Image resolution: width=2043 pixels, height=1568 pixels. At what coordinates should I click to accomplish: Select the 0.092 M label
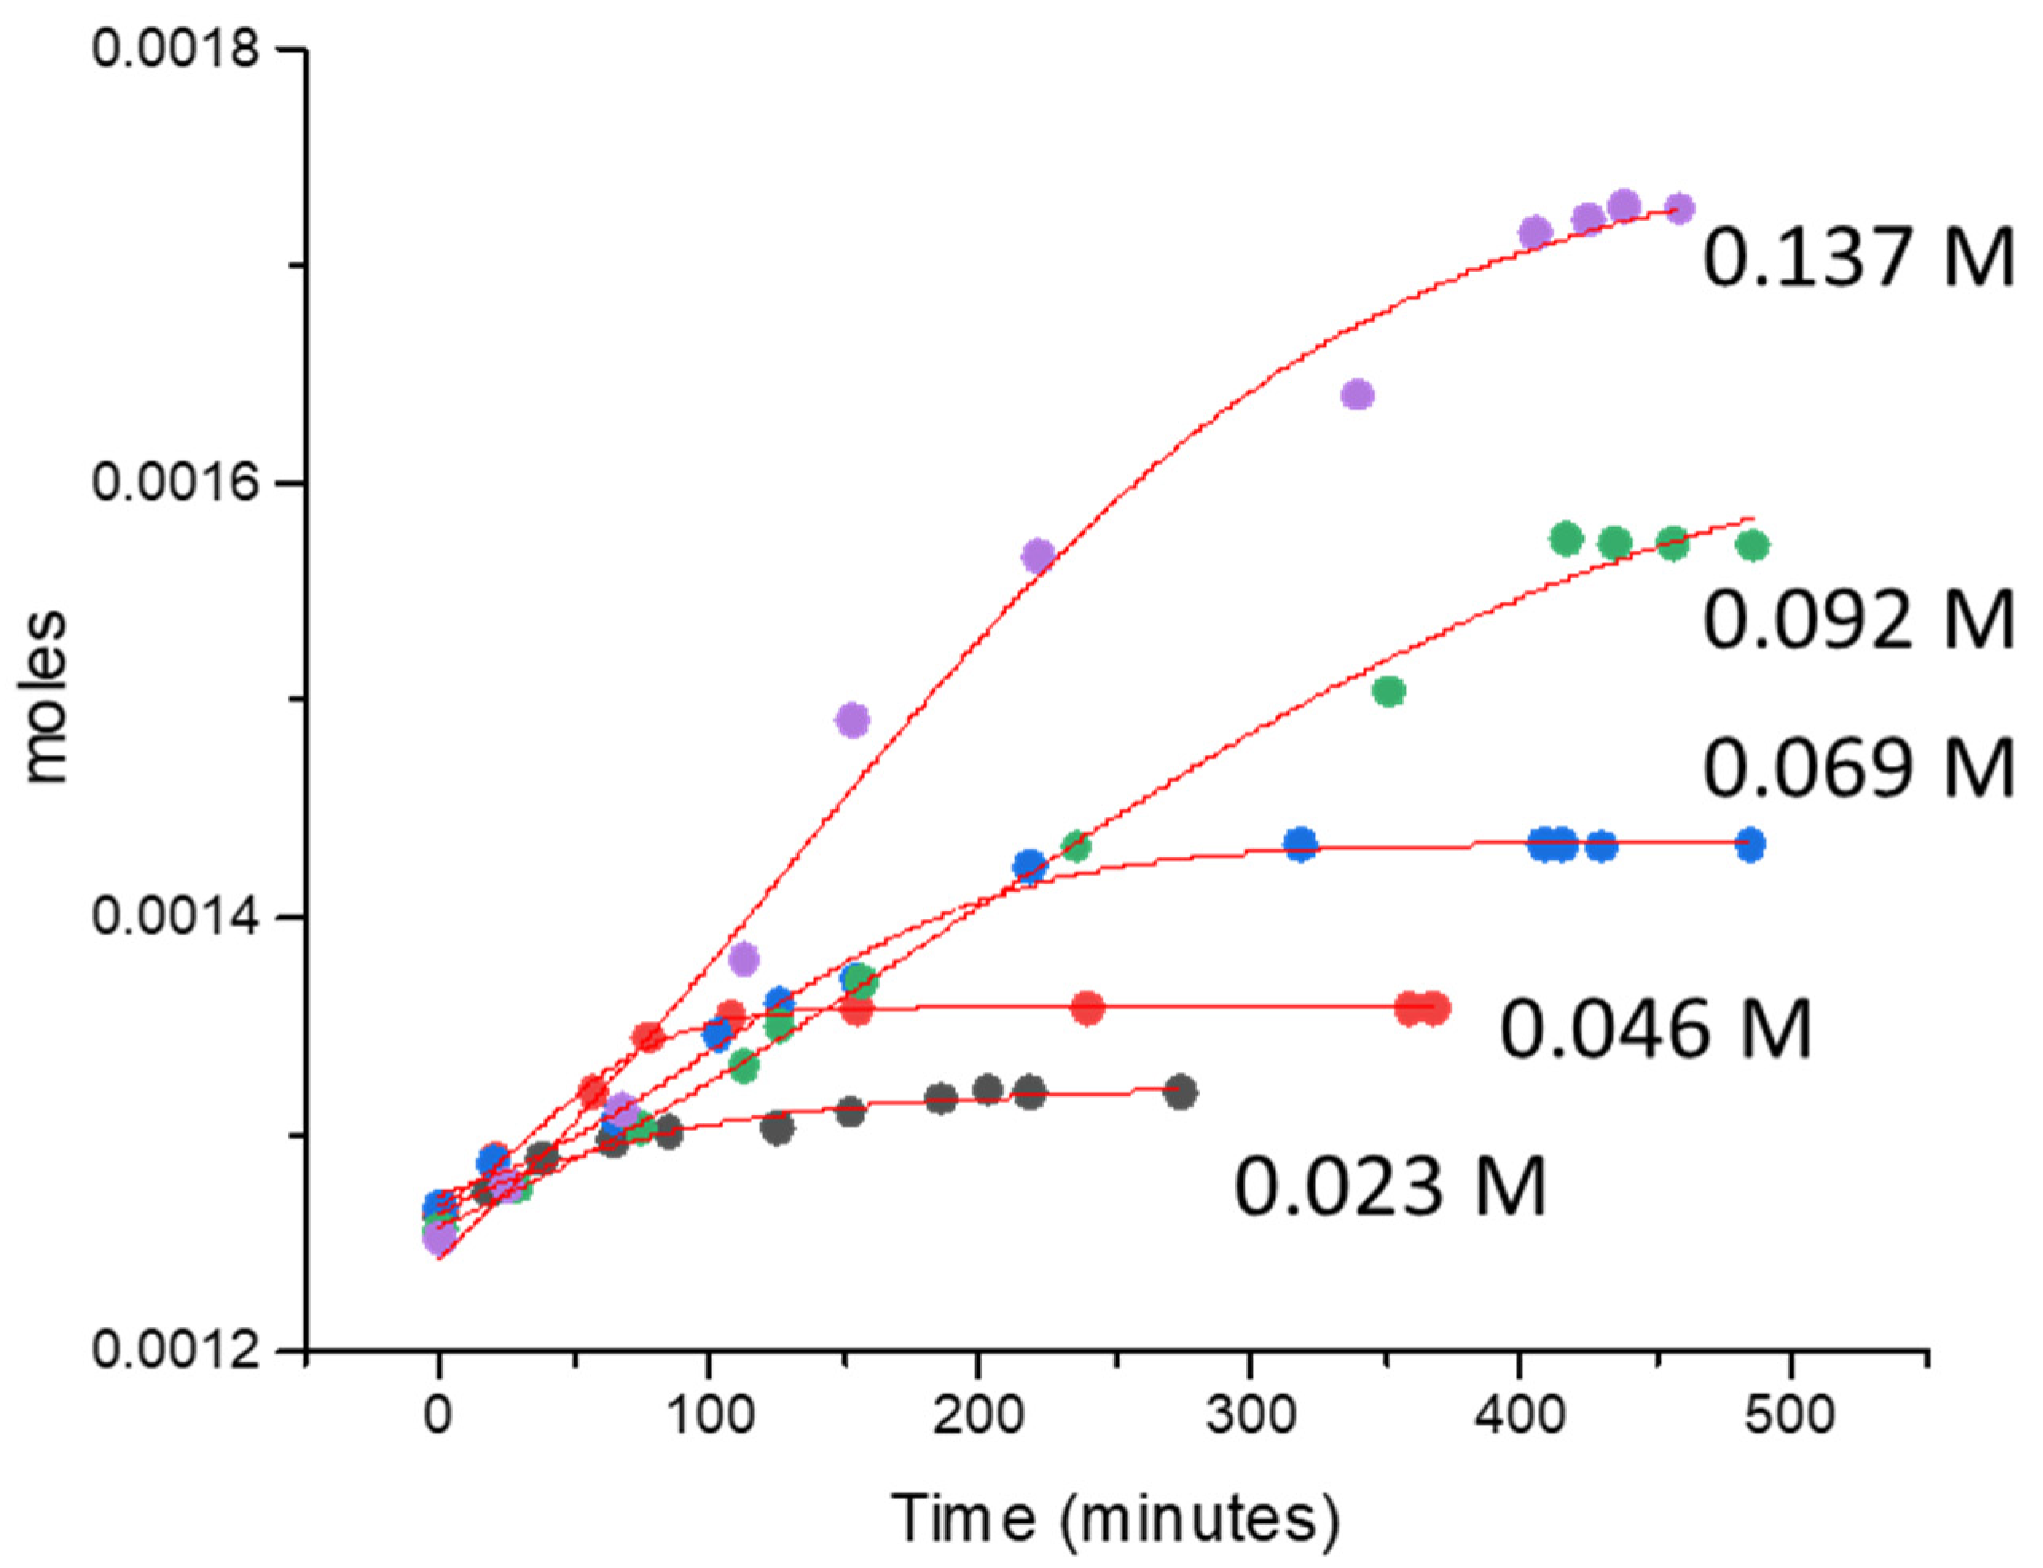[1857, 621]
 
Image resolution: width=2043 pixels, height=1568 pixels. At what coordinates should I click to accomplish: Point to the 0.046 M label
[1655, 1029]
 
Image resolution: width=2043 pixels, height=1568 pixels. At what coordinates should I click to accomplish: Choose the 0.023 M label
[1390, 1186]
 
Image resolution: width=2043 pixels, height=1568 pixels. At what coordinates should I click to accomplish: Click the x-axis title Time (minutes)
[1115, 1518]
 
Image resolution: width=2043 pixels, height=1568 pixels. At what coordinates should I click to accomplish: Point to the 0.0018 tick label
[174, 49]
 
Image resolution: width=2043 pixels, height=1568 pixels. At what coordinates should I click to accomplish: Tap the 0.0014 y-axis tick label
[174, 916]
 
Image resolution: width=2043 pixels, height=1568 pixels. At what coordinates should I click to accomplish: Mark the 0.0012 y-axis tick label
[174, 1350]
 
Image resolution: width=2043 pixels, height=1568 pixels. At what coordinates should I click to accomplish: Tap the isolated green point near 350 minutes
[1389, 692]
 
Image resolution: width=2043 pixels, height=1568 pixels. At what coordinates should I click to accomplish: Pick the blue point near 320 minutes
[1300, 845]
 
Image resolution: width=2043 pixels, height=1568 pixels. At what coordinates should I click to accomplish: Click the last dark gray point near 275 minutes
[1181, 1091]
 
